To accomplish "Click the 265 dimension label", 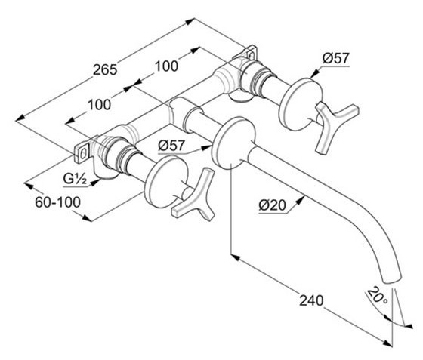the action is point(105,69).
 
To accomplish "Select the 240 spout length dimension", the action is point(311,300).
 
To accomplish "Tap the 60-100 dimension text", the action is point(57,202).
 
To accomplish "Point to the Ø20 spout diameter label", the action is point(272,205).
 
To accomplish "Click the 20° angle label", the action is point(377,296).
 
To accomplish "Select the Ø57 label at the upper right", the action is point(336,58).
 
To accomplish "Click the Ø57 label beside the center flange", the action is point(171,146).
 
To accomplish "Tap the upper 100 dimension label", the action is point(166,66).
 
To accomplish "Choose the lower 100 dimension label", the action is point(99,105).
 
